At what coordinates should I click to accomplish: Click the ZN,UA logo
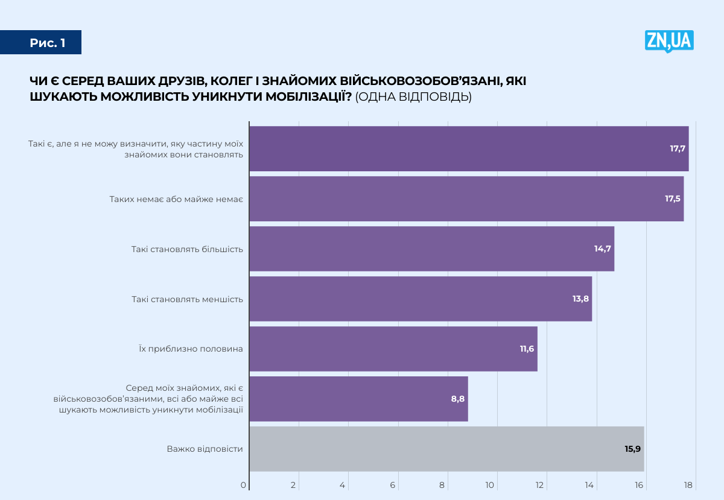(669, 41)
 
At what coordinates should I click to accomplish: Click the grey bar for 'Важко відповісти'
(446, 449)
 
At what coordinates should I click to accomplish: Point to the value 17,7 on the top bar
(678, 148)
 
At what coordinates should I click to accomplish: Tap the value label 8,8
(458, 399)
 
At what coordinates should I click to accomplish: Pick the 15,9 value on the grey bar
(632, 449)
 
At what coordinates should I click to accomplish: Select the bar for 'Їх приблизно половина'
(393, 349)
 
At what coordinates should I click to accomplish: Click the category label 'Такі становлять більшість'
(187, 248)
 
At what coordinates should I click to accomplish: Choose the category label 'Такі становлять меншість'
(187, 299)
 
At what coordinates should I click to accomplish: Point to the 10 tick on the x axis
(491, 485)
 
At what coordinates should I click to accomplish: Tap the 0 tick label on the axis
(244, 485)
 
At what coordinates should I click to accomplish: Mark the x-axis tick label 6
(393, 485)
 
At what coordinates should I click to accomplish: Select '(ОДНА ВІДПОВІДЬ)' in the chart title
(413, 97)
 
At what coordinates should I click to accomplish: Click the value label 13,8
(580, 299)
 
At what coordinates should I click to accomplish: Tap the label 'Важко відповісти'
(205, 449)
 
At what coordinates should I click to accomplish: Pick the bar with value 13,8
(420, 299)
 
